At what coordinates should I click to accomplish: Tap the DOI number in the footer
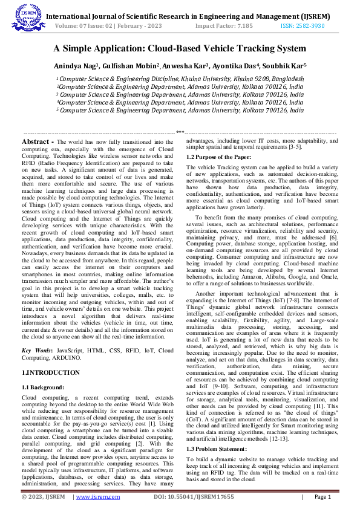click(193, 497)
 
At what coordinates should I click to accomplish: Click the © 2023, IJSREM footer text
click(43, 497)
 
